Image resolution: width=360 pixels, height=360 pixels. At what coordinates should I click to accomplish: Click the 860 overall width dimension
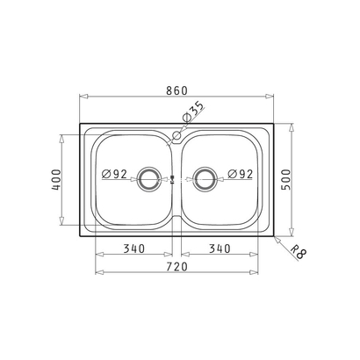[x=176, y=90]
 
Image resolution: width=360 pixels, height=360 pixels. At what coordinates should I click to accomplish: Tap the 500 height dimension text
[x=286, y=179]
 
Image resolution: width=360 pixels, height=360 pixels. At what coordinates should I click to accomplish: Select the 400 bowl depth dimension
[x=56, y=180]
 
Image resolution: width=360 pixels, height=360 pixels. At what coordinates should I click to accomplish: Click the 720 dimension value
[x=176, y=267]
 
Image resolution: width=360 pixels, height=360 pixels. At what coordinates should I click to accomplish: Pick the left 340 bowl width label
[x=134, y=248]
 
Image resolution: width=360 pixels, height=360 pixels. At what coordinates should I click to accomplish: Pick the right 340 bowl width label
[x=220, y=248]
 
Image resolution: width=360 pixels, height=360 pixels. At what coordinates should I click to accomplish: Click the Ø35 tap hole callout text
[x=192, y=112]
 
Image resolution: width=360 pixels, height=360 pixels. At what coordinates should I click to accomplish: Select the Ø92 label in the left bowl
[x=114, y=174]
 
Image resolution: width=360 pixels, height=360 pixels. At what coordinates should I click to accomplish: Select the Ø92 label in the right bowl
[x=240, y=174]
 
